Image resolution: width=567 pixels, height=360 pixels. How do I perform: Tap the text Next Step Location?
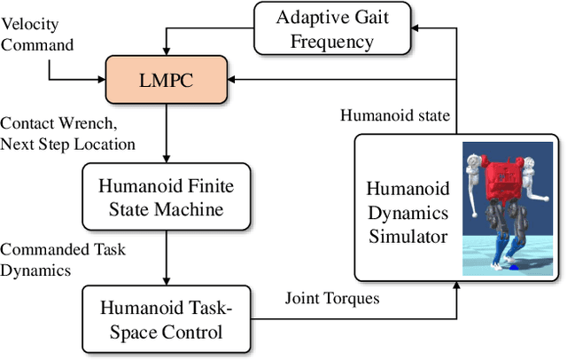(69, 144)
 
